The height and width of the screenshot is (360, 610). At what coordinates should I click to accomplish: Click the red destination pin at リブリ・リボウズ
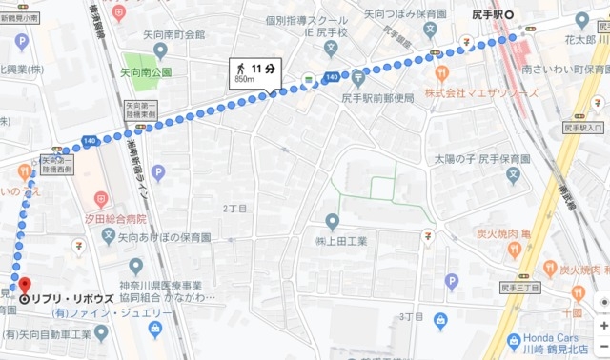[x=24, y=285]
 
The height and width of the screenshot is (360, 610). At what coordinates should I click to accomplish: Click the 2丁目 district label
[x=234, y=208]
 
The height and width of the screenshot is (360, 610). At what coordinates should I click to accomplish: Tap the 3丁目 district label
[x=412, y=316]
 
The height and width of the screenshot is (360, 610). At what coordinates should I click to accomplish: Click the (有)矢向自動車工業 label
[x=48, y=334]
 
